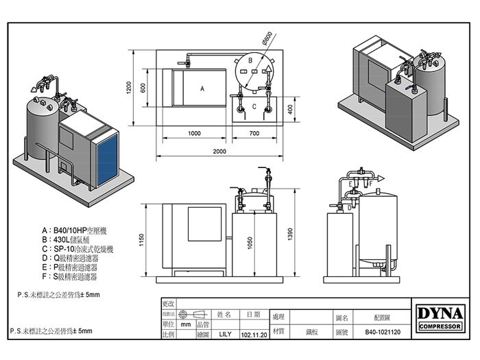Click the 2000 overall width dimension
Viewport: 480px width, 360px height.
pyautogui.click(x=219, y=152)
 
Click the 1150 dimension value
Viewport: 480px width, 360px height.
pyautogui.click(x=141, y=241)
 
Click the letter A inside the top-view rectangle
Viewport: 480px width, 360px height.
pyautogui.click(x=202, y=89)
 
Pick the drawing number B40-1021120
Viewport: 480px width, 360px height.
pyautogui.click(x=383, y=331)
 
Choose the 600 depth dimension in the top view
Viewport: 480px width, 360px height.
pyautogui.click(x=143, y=87)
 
